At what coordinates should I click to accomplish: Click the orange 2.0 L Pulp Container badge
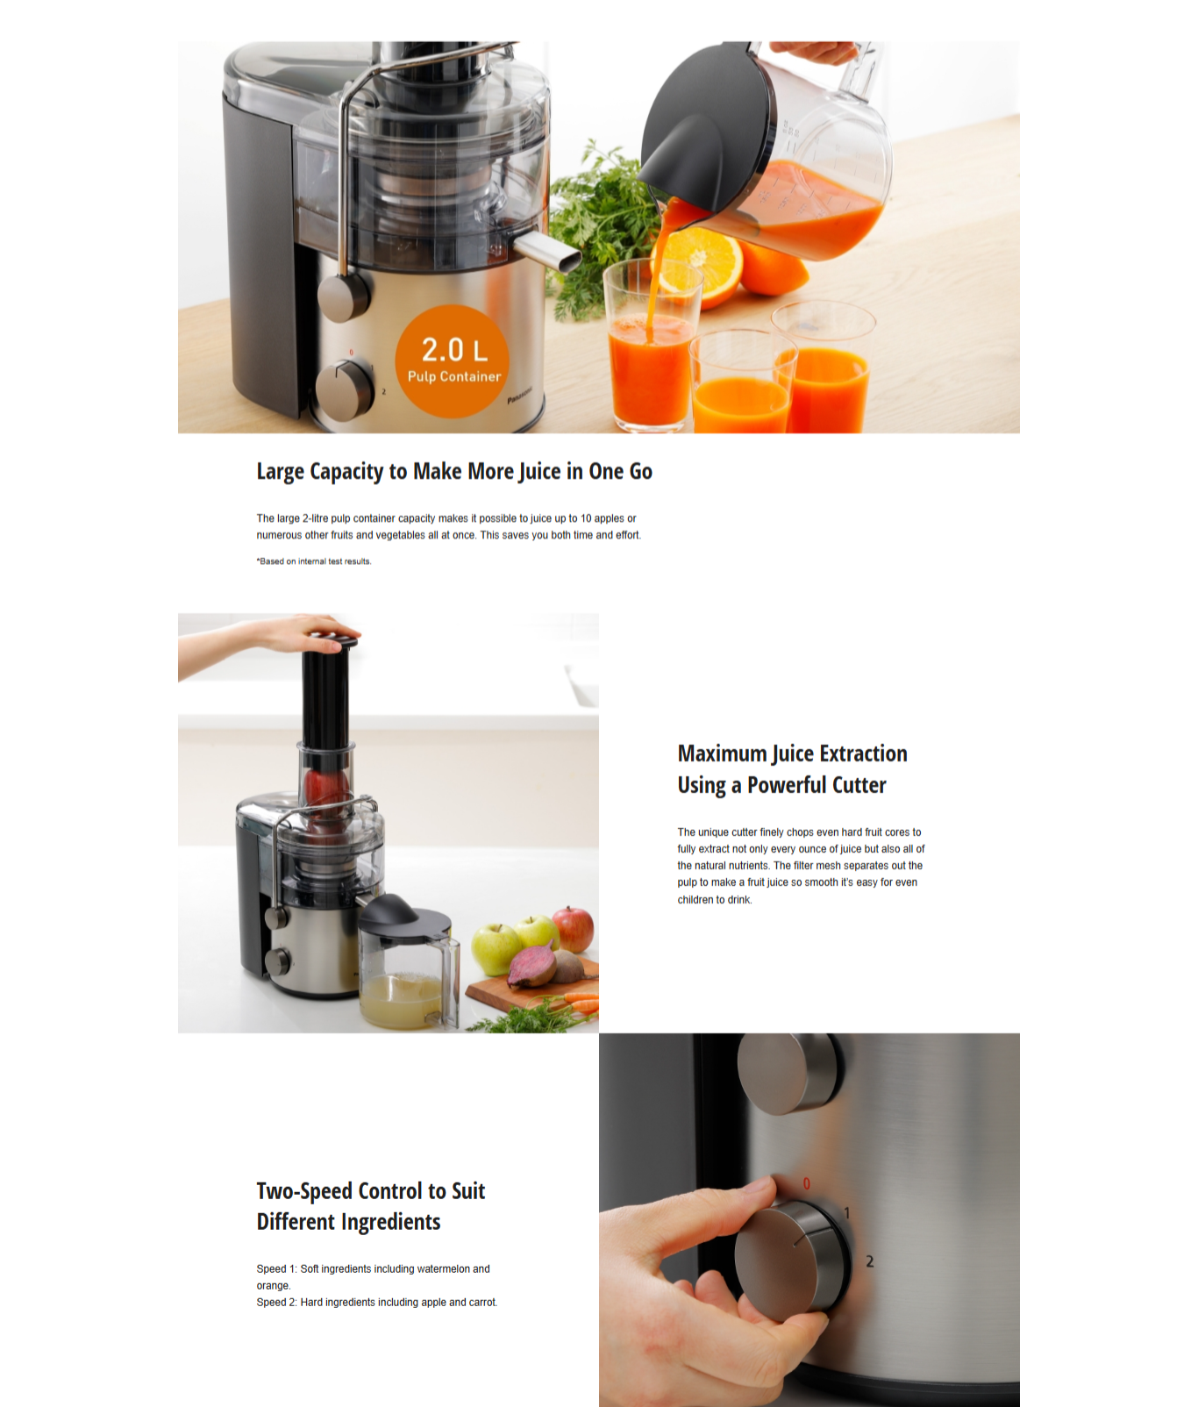(452, 361)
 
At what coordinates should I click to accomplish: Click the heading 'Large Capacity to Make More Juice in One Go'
(454, 472)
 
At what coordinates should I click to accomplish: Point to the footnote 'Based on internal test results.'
(314, 561)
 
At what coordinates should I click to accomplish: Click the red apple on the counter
(574, 929)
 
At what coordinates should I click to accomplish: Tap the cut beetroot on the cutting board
(534, 966)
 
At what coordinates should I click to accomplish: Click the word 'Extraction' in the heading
(863, 753)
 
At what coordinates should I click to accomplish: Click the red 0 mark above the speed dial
(807, 1183)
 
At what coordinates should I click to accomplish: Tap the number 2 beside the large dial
(870, 1261)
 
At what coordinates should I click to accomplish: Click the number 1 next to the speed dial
(846, 1213)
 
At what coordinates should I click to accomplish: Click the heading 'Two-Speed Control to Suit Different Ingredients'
(370, 1206)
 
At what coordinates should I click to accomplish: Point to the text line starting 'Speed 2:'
(377, 1303)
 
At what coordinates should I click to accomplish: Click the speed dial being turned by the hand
(793, 1260)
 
